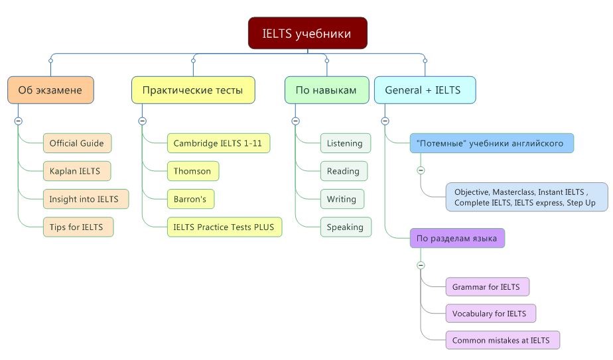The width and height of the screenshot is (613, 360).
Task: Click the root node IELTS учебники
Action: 308,33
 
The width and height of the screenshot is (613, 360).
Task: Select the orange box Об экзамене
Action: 50,90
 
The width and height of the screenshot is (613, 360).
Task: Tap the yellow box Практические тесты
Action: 193,90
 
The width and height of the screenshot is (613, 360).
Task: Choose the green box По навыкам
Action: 326,90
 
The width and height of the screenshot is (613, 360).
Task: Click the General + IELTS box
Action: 425,90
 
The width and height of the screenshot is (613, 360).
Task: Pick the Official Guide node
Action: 77,143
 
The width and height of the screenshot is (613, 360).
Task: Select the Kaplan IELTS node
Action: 77,171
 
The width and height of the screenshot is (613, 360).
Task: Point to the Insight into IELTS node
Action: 86,199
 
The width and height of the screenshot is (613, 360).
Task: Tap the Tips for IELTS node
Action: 78,227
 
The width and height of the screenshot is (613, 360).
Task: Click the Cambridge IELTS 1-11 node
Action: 218,143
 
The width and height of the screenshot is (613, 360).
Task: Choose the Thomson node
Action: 193,171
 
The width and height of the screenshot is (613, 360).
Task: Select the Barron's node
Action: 190,199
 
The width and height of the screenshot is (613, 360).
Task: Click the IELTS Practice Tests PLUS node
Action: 224,227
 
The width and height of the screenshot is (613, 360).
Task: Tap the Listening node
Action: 346,143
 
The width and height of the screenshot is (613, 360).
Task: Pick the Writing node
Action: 342,199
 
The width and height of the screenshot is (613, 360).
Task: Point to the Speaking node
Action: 346,227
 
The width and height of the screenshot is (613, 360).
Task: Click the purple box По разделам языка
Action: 457,238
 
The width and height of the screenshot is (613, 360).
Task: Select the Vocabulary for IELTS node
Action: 491,314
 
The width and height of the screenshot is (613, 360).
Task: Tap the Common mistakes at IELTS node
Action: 502,340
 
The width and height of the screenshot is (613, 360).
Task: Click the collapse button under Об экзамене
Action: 18,121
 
